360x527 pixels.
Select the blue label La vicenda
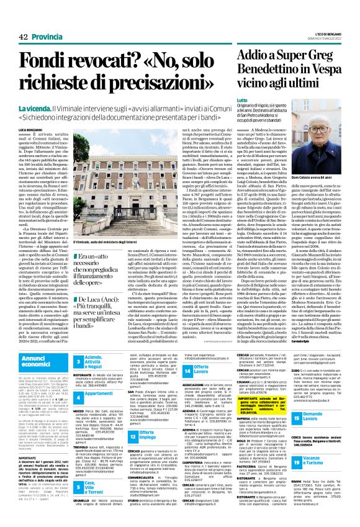[x=36, y=110]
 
